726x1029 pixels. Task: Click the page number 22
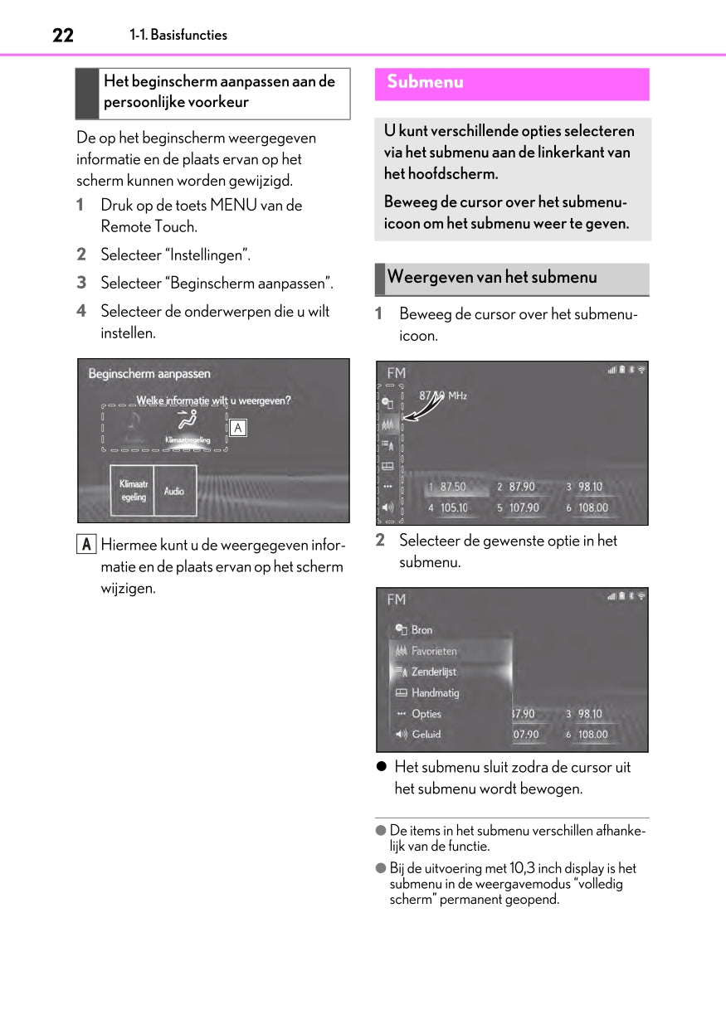[x=63, y=35]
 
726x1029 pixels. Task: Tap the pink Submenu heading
[x=425, y=82]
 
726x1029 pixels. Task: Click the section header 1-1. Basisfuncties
[x=178, y=35]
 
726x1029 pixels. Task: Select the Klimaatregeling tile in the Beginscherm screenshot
[x=133, y=491]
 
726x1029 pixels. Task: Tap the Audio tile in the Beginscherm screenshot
[x=174, y=491]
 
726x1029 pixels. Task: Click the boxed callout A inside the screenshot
[x=237, y=428]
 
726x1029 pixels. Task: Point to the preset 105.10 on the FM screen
[x=453, y=507]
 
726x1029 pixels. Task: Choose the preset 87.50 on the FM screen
[x=452, y=487]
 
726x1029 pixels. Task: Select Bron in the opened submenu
[x=421, y=630]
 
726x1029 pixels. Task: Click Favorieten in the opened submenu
[x=434, y=651]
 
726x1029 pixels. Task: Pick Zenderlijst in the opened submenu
[x=433, y=672]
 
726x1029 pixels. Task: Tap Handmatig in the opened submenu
[x=435, y=692]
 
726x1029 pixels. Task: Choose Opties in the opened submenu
[x=426, y=713]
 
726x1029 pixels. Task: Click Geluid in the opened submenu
[x=426, y=734]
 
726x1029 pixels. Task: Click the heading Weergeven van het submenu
[x=492, y=277]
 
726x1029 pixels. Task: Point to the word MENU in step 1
[x=235, y=205]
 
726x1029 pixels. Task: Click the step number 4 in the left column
[x=81, y=311]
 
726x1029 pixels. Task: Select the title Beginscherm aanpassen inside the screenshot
[x=149, y=374]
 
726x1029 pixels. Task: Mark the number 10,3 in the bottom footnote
[x=523, y=868]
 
